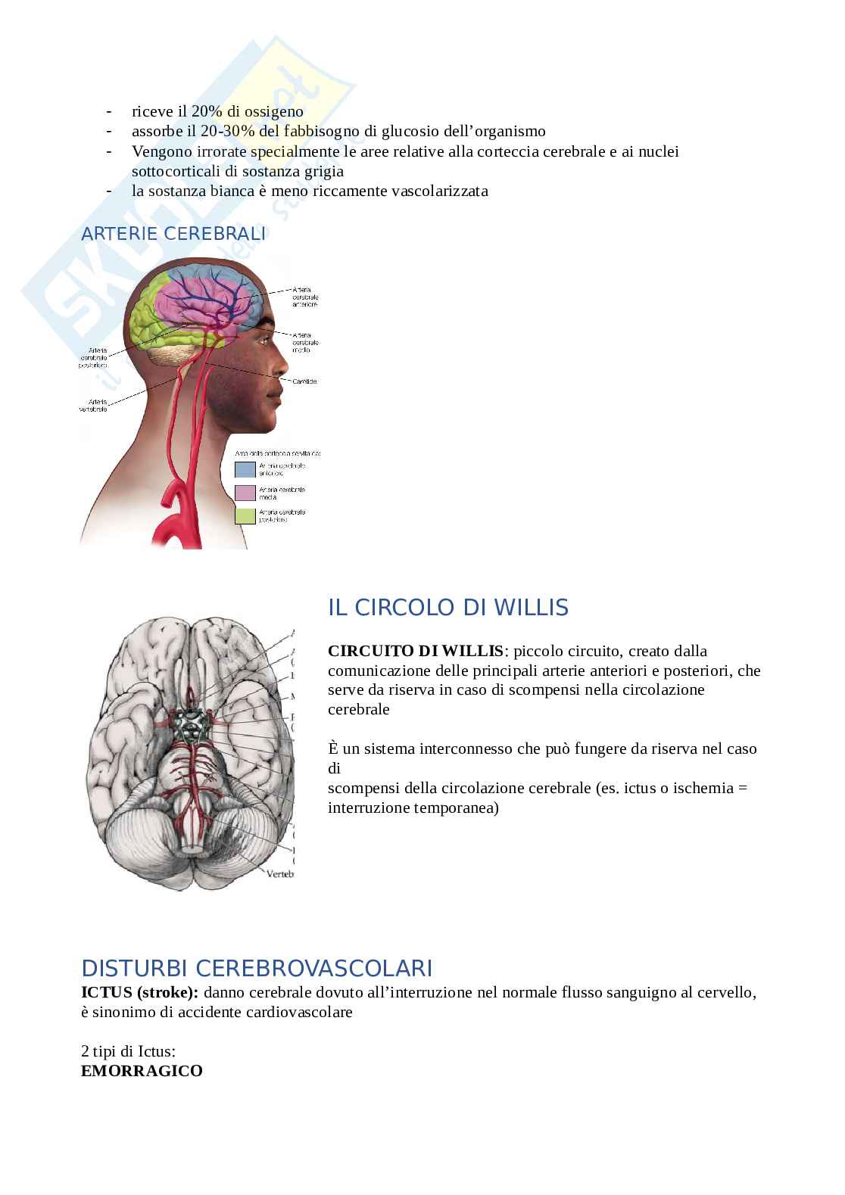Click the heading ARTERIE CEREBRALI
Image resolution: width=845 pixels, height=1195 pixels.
[173, 234]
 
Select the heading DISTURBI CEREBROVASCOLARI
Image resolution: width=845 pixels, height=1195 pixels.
[257, 969]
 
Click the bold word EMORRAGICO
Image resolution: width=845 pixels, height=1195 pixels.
[142, 1071]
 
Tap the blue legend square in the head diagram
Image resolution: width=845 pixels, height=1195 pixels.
[245, 469]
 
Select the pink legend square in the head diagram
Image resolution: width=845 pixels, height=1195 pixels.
[245, 493]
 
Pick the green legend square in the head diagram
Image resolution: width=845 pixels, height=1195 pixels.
[245, 515]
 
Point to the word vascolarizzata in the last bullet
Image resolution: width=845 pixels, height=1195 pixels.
[439, 191]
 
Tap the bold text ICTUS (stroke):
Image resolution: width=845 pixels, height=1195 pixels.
[140, 993]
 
